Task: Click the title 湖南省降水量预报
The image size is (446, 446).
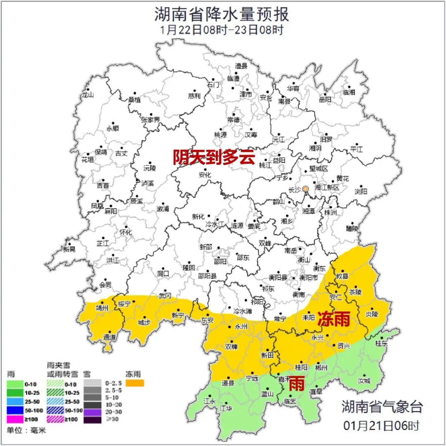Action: point(222,14)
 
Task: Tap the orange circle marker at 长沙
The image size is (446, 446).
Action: point(306,189)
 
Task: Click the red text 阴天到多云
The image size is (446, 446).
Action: point(214,157)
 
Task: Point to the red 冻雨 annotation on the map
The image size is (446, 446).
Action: point(333,319)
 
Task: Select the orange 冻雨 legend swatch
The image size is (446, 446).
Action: point(135,383)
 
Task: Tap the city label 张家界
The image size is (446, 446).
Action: point(150,120)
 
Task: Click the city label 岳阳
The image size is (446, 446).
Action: point(325,100)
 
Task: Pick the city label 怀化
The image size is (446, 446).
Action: point(126,232)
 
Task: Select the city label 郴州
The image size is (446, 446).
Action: point(321,367)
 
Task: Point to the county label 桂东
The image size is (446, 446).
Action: point(381,343)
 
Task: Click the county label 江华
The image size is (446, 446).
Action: point(226,408)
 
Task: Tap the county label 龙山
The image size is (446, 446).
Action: point(88,95)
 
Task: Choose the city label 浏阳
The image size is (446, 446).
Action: point(361,192)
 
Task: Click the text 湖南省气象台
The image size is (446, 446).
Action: point(382,407)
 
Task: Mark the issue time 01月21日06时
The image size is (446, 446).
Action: point(382,425)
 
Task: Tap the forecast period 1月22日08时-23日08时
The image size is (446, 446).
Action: point(222,30)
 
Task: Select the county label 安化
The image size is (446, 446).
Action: point(205,175)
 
